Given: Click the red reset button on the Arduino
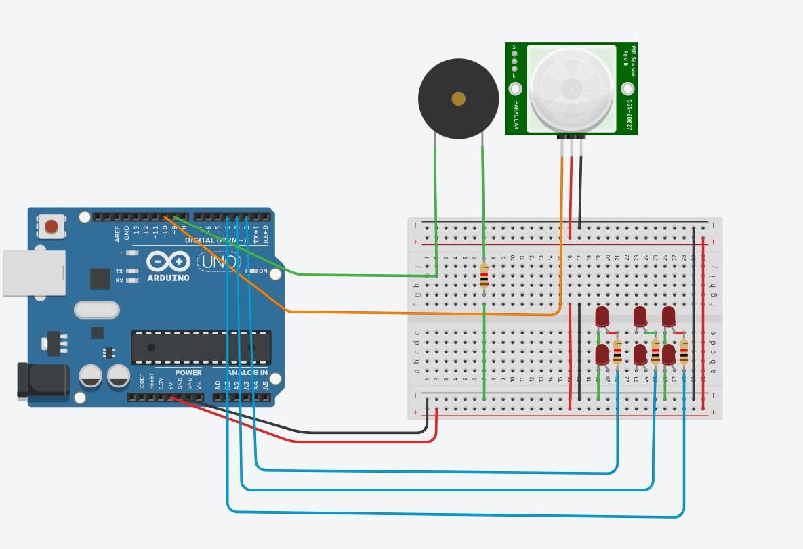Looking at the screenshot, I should tap(50, 226).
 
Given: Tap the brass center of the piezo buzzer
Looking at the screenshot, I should tap(459, 99).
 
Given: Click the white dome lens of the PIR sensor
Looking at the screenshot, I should tap(571, 88).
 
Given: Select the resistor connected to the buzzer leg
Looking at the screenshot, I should tap(484, 276).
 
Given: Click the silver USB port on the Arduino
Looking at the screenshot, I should tap(34, 273).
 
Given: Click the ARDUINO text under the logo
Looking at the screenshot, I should tap(168, 278).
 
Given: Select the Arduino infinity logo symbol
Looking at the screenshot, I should tap(168, 261).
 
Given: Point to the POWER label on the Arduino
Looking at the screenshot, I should tap(188, 373).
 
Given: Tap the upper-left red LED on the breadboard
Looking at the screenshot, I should tap(601, 316).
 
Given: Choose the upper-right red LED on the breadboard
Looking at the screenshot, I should tap(668, 316).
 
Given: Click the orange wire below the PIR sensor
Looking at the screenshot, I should tap(561, 203).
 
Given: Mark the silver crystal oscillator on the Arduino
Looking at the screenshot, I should tap(97, 310).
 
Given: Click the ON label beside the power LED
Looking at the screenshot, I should tap(263, 271).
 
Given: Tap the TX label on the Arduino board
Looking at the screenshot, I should tap(119, 271).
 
